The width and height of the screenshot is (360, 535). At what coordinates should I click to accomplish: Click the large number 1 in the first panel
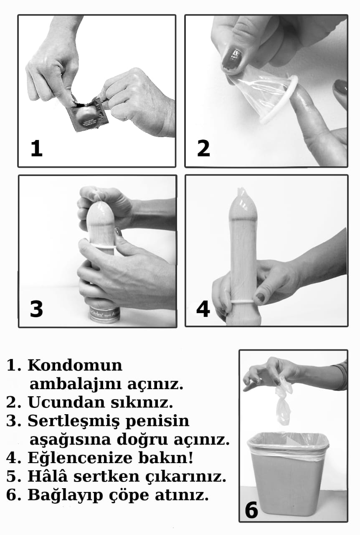(x=37, y=148)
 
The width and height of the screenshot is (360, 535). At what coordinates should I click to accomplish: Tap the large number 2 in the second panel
(x=203, y=148)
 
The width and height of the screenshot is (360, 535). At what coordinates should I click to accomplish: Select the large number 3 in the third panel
(x=36, y=309)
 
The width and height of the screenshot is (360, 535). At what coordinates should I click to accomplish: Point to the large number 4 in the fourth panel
(x=203, y=309)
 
